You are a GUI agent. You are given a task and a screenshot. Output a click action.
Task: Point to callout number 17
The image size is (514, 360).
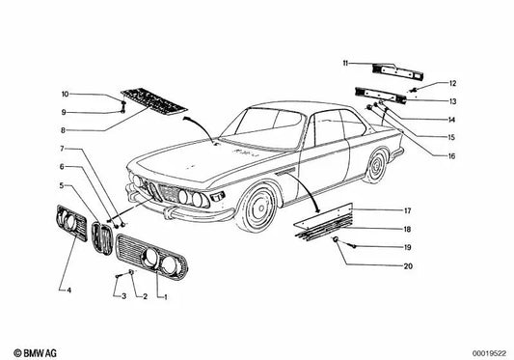click(x=408, y=210)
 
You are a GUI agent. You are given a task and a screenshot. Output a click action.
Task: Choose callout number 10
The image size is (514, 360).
click(x=66, y=94)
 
